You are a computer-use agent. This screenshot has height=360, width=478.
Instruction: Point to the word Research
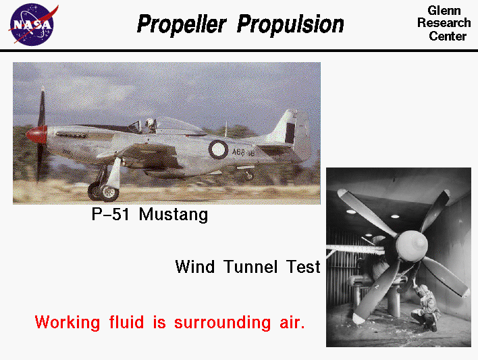tap(444, 23)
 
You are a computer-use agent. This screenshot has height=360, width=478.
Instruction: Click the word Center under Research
tap(448, 36)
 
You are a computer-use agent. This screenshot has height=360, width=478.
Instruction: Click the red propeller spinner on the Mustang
tap(35, 134)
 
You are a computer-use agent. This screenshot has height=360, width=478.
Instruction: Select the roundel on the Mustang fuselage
tap(219, 149)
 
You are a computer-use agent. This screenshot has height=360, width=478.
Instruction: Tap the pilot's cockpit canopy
tap(157, 125)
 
